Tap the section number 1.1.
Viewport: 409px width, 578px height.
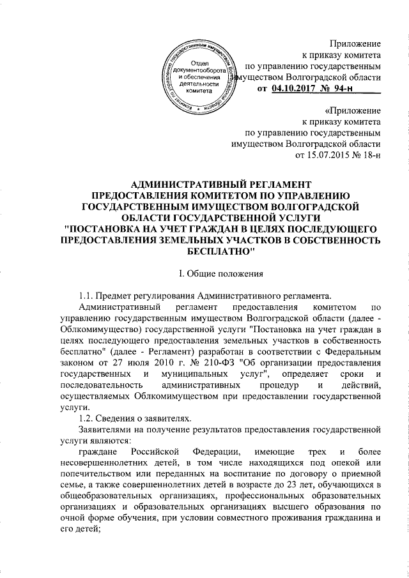[86, 294]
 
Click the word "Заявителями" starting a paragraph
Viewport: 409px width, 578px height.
[105, 430]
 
